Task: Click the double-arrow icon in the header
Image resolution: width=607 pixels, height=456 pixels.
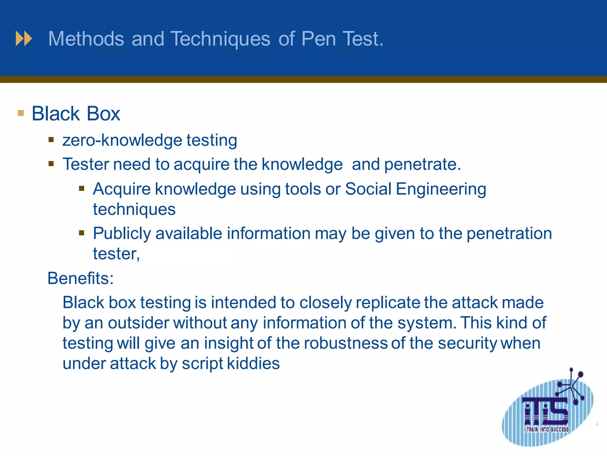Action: (24, 39)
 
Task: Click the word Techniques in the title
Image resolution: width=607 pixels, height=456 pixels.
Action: (221, 39)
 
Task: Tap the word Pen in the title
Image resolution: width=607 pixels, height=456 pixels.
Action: (319, 39)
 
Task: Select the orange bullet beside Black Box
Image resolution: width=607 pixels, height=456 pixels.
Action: (21, 113)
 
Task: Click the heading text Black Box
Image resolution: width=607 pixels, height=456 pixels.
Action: (76, 114)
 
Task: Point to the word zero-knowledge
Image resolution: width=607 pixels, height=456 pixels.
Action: (122, 140)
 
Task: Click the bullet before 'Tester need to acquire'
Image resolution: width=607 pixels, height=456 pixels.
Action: (51, 164)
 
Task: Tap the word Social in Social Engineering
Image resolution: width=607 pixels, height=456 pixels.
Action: (368, 189)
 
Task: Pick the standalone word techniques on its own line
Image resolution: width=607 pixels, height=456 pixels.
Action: (134, 209)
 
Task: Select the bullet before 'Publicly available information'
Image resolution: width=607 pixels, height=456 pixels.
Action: (82, 233)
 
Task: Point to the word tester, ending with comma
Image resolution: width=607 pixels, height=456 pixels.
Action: (116, 254)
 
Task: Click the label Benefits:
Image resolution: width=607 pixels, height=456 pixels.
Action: (80, 278)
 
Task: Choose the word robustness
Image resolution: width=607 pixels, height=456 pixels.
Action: (346, 343)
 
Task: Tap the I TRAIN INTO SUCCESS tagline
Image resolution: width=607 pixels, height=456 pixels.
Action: (546, 429)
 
